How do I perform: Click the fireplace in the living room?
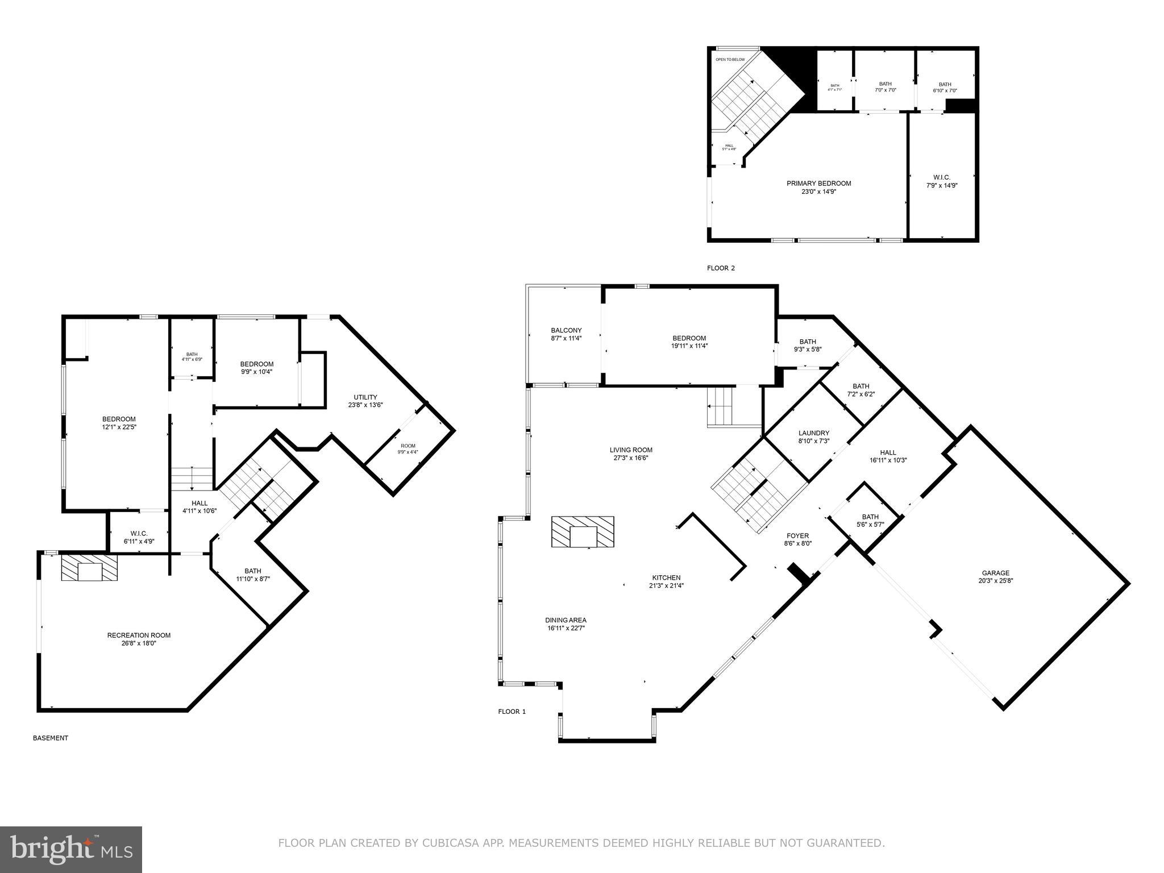(583, 532)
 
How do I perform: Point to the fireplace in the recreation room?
(89, 568)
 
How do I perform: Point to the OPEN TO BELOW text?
(730, 59)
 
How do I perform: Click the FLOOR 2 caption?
(721, 268)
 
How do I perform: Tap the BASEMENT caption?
(51, 738)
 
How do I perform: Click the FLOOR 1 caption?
(512, 712)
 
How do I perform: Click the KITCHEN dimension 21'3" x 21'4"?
(666, 585)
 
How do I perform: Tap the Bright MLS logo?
(71, 849)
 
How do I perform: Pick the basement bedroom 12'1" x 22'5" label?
(119, 423)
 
